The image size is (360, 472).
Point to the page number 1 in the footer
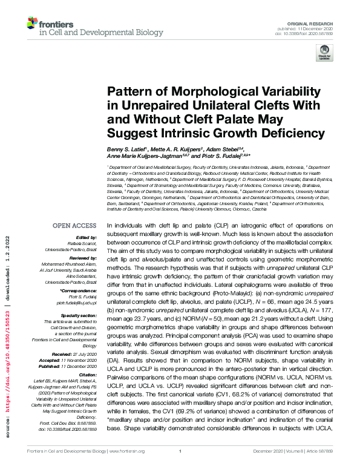180,468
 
